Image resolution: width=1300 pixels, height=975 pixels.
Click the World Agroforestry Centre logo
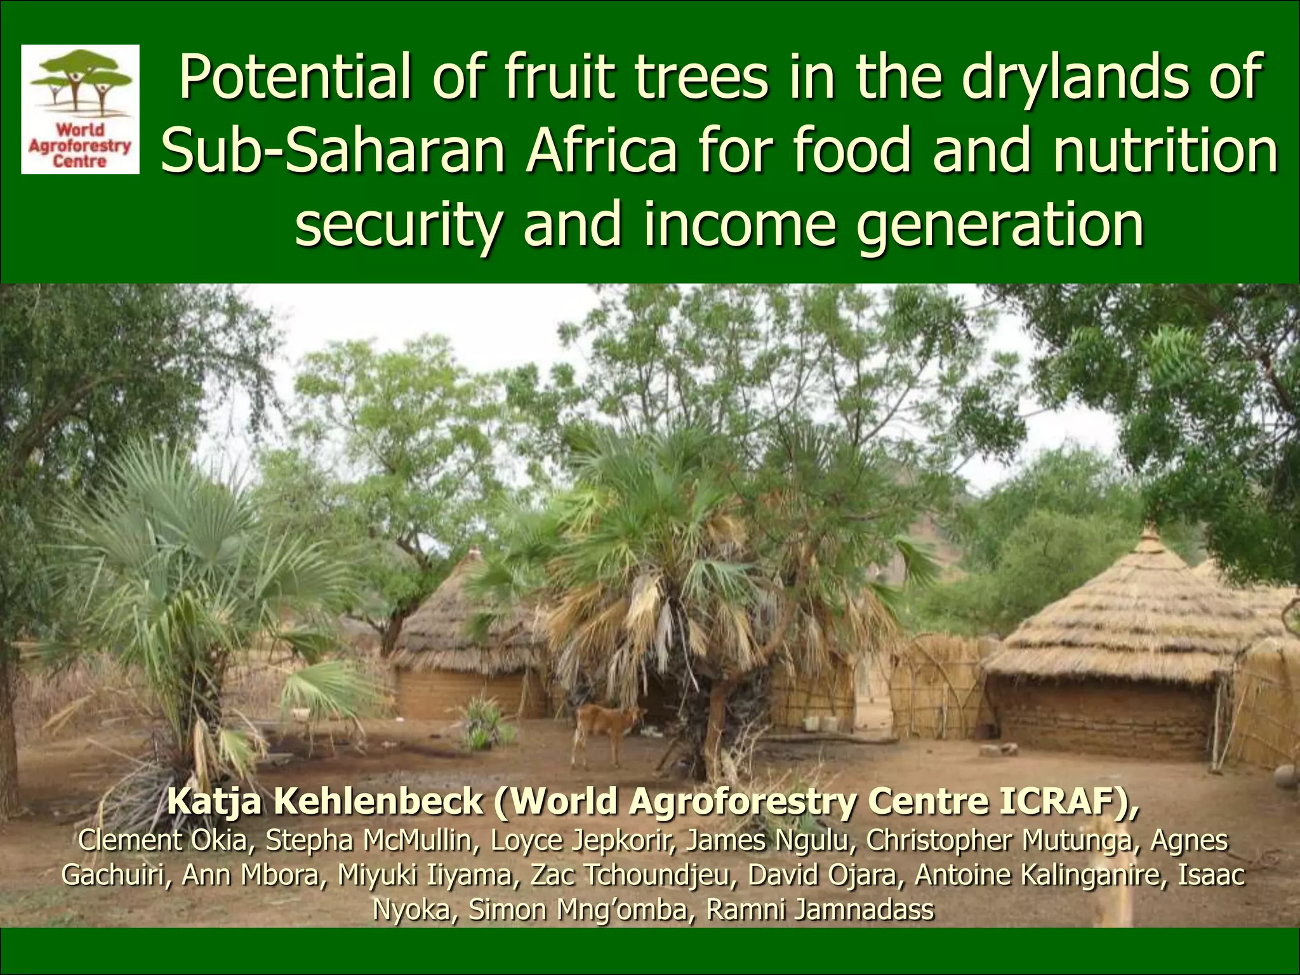(80, 109)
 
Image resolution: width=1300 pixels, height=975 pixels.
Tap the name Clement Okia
(162, 840)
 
